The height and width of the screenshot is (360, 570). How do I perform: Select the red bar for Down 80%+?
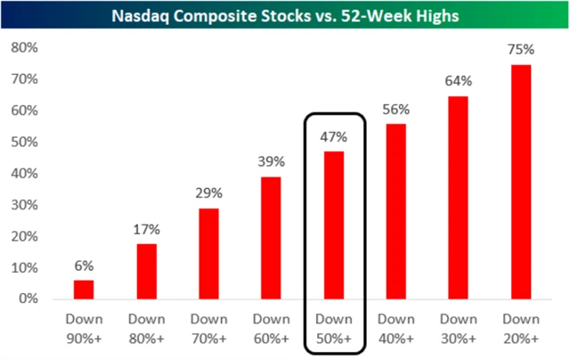click(x=147, y=271)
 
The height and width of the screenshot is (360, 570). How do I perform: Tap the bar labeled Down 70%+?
click(x=208, y=253)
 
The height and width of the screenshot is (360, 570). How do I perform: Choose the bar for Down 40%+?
click(x=396, y=210)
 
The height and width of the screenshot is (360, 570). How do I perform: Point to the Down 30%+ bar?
click(x=459, y=197)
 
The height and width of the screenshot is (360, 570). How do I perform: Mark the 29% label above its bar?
click(x=208, y=192)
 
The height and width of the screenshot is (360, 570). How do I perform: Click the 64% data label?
click(x=459, y=81)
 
